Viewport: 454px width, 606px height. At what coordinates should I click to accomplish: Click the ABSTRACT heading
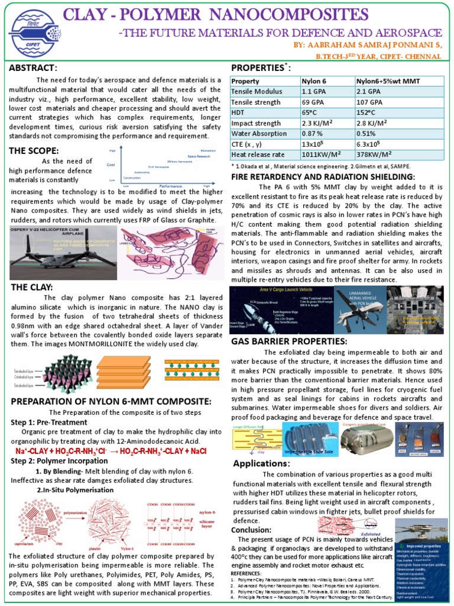[33, 68]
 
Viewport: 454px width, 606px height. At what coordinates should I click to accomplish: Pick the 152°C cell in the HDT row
[368, 112]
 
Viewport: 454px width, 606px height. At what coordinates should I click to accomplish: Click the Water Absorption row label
[258, 134]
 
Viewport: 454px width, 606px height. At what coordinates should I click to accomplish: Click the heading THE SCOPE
[34, 151]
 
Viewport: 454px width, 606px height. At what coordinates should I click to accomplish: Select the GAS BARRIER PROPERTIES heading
[288, 341]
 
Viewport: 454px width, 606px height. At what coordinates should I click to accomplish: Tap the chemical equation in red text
[113, 451]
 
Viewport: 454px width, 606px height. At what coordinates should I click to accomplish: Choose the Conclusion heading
[251, 530]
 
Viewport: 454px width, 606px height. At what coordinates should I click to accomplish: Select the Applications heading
[261, 463]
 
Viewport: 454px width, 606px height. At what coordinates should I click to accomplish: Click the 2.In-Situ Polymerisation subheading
[75, 490]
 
